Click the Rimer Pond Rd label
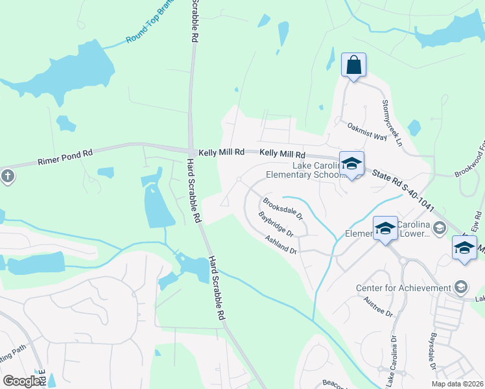click(x=65, y=157)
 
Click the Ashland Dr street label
click(x=281, y=244)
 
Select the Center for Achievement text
click(x=403, y=288)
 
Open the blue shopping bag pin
click(x=353, y=65)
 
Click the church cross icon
click(x=7, y=176)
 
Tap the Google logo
click(x=21, y=381)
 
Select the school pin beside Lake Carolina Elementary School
click(x=351, y=164)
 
